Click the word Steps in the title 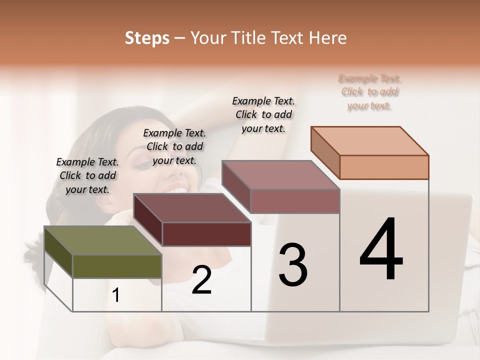[147, 38]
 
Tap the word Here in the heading [327, 38]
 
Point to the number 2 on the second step [201, 280]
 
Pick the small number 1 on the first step [115, 295]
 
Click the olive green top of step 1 [102, 240]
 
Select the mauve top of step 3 [280, 175]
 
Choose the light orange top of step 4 [369, 141]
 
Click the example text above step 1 [87, 175]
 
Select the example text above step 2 [174, 146]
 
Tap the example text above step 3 [263, 114]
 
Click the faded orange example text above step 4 [369, 92]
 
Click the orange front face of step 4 [384, 167]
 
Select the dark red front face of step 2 [206, 234]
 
